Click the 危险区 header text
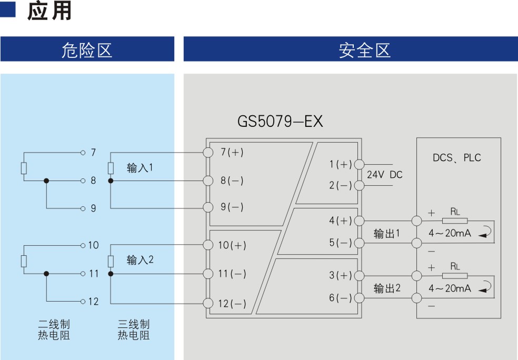(87, 50)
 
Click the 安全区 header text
(365, 50)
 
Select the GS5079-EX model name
(280, 121)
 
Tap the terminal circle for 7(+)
(208, 152)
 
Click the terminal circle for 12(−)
(208, 303)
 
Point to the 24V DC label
(384, 174)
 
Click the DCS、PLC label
(457, 157)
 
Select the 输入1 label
(140, 168)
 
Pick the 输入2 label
(140, 260)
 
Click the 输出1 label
(386, 234)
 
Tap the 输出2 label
(387, 288)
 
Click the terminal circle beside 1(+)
(359, 164)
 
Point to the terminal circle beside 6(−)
(359, 298)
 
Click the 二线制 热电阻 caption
(54, 329)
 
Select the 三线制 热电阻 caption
(134, 329)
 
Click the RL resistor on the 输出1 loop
(455, 221)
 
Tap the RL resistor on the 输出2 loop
(455, 276)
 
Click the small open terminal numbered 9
(83, 208)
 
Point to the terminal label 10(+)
(232, 245)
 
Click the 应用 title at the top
(49, 11)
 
